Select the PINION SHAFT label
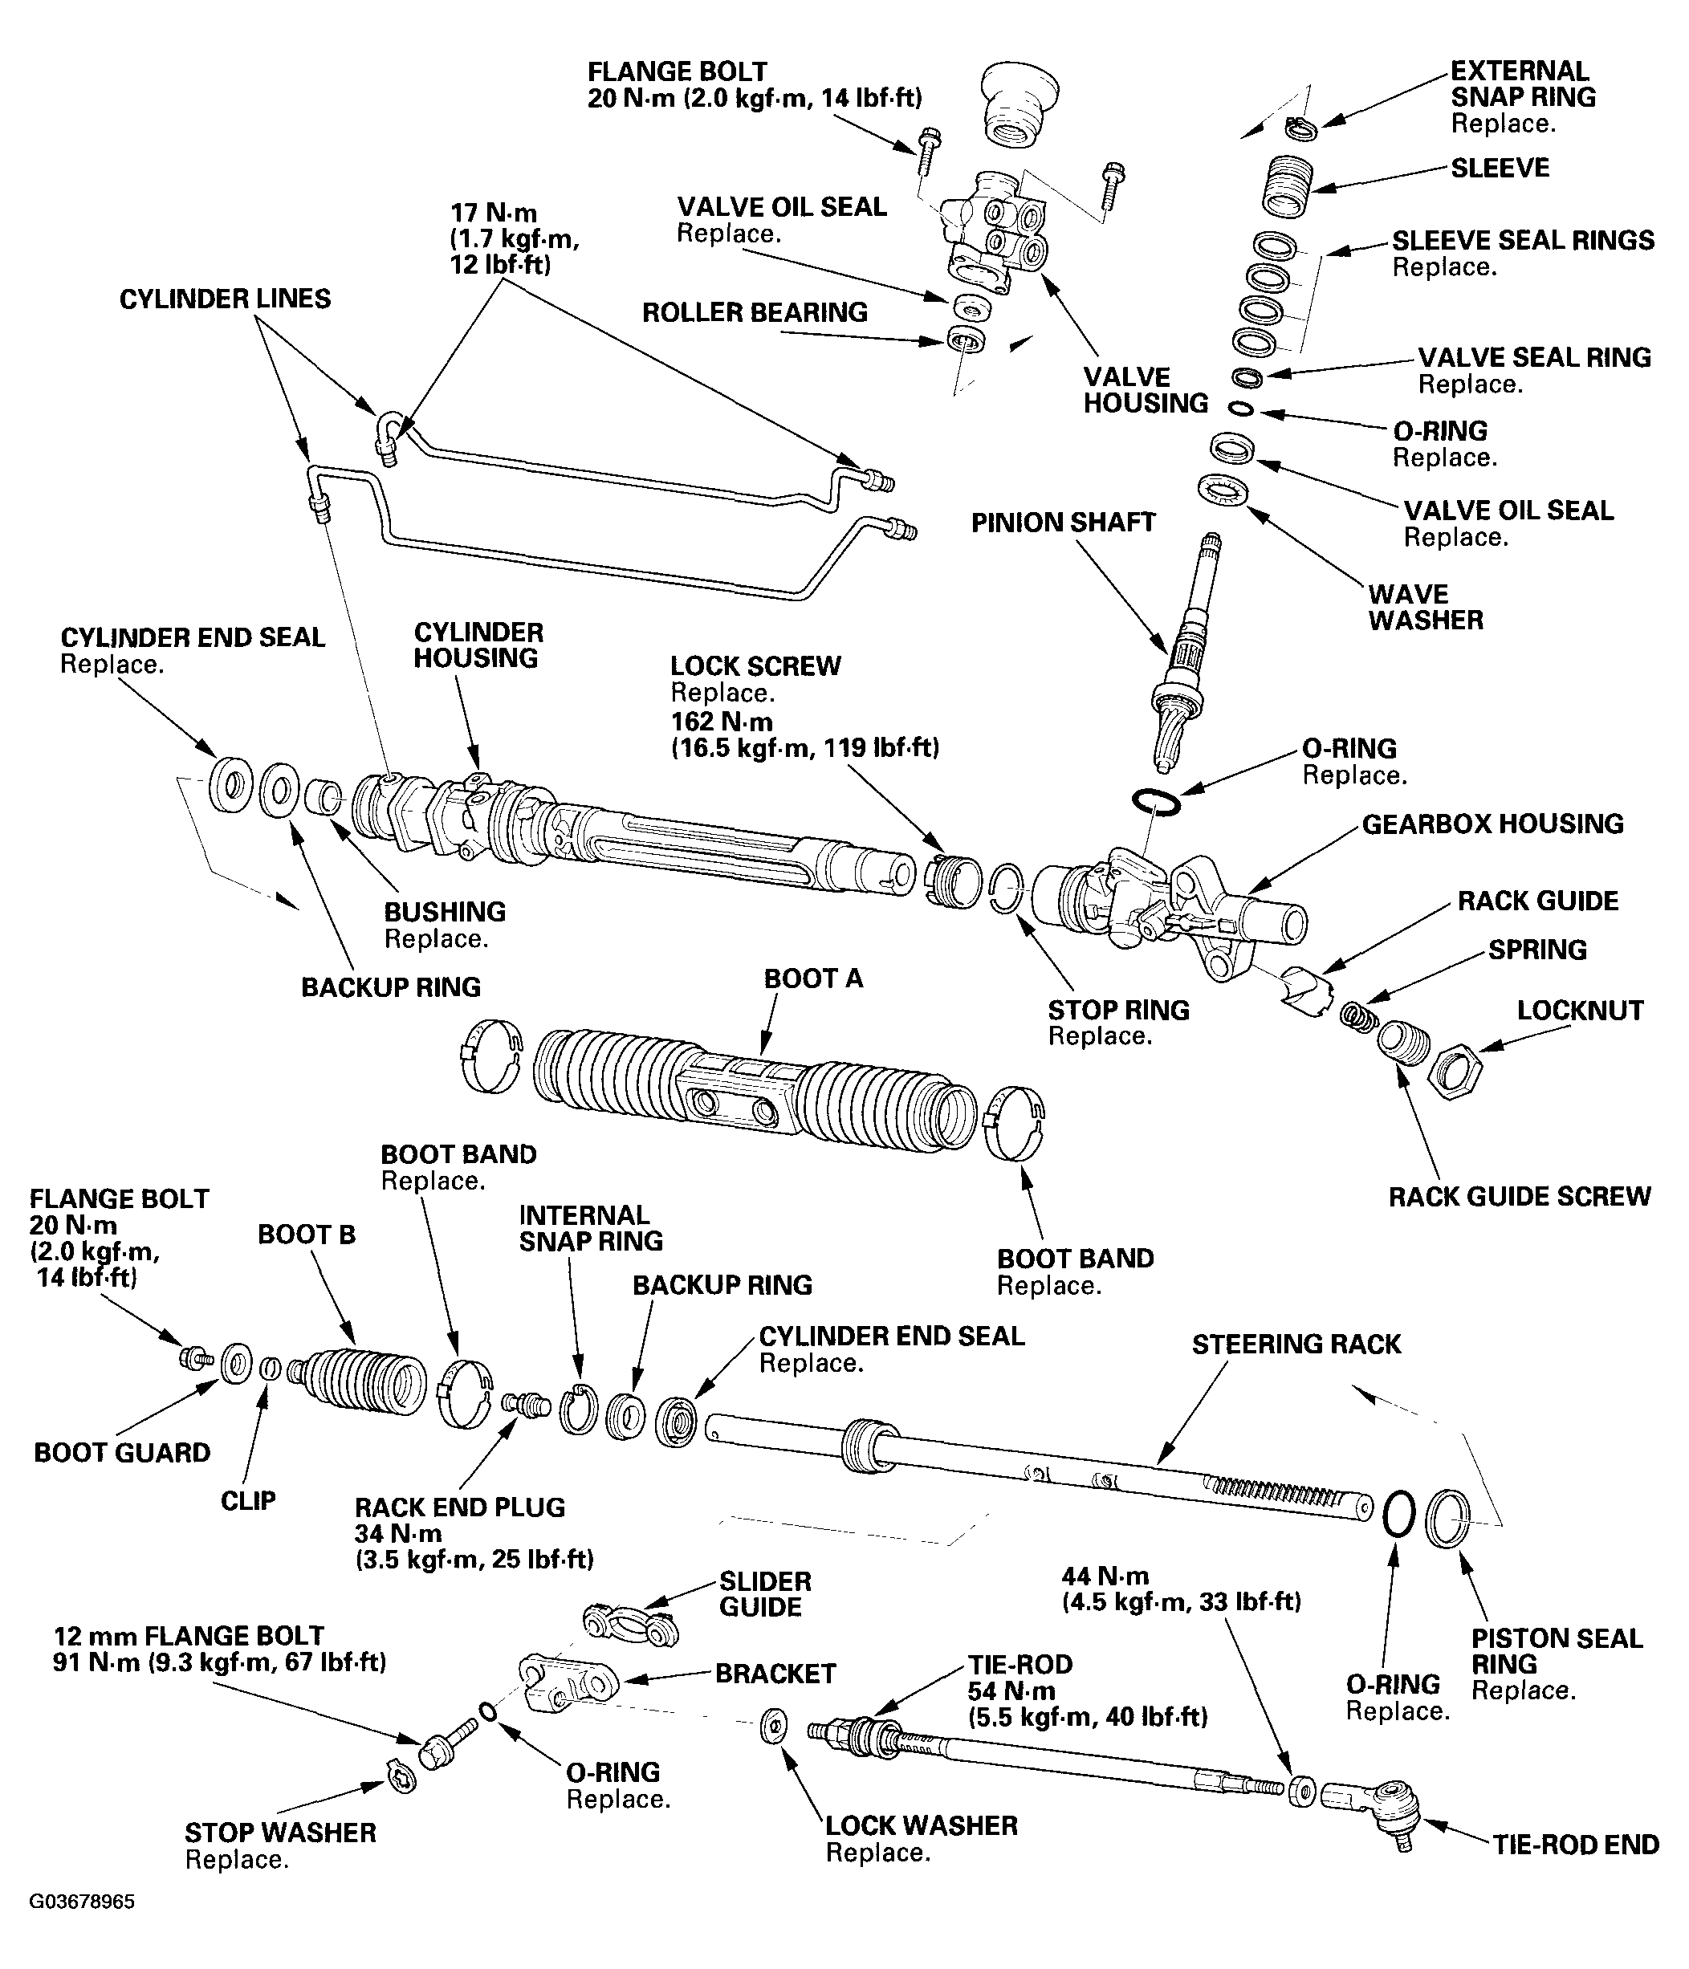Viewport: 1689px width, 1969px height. click(x=1063, y=523)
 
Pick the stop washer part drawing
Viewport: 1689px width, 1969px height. click(x=402, y=1774)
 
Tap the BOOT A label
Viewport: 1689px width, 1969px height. click(x=814, y=978)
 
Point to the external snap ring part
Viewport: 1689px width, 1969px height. click(x=1301, y=126)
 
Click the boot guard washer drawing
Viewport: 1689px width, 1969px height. click(x=236, y=1364)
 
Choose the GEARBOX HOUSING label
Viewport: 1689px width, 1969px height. click(x=1493, y=824)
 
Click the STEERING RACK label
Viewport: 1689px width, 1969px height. click(x=1296, y=1344)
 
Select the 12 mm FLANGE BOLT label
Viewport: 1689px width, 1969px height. click(x=188, y=1635)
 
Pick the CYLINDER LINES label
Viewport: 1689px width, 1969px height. click(x=226, y=299)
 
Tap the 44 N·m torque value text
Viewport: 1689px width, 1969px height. click(x=1105, y=1576)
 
